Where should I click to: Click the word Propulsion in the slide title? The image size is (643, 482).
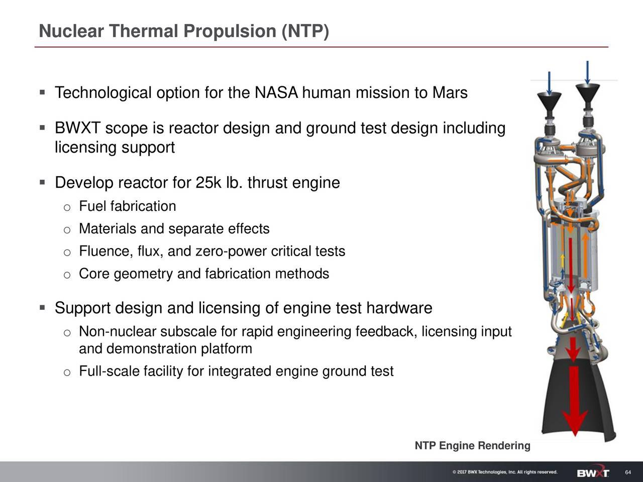(230, 31)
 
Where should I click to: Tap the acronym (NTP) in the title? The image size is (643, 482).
(305, 31)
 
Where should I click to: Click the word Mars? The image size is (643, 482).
(450, 93)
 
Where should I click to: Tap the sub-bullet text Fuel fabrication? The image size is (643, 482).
(127, 206)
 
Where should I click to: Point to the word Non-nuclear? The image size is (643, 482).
(118, 332)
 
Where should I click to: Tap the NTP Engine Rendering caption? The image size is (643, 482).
(472, 446)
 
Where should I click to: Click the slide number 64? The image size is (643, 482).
(627, 473)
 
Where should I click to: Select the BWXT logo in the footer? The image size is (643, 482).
(593, 473)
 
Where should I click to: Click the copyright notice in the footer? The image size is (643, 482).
(504, 472)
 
